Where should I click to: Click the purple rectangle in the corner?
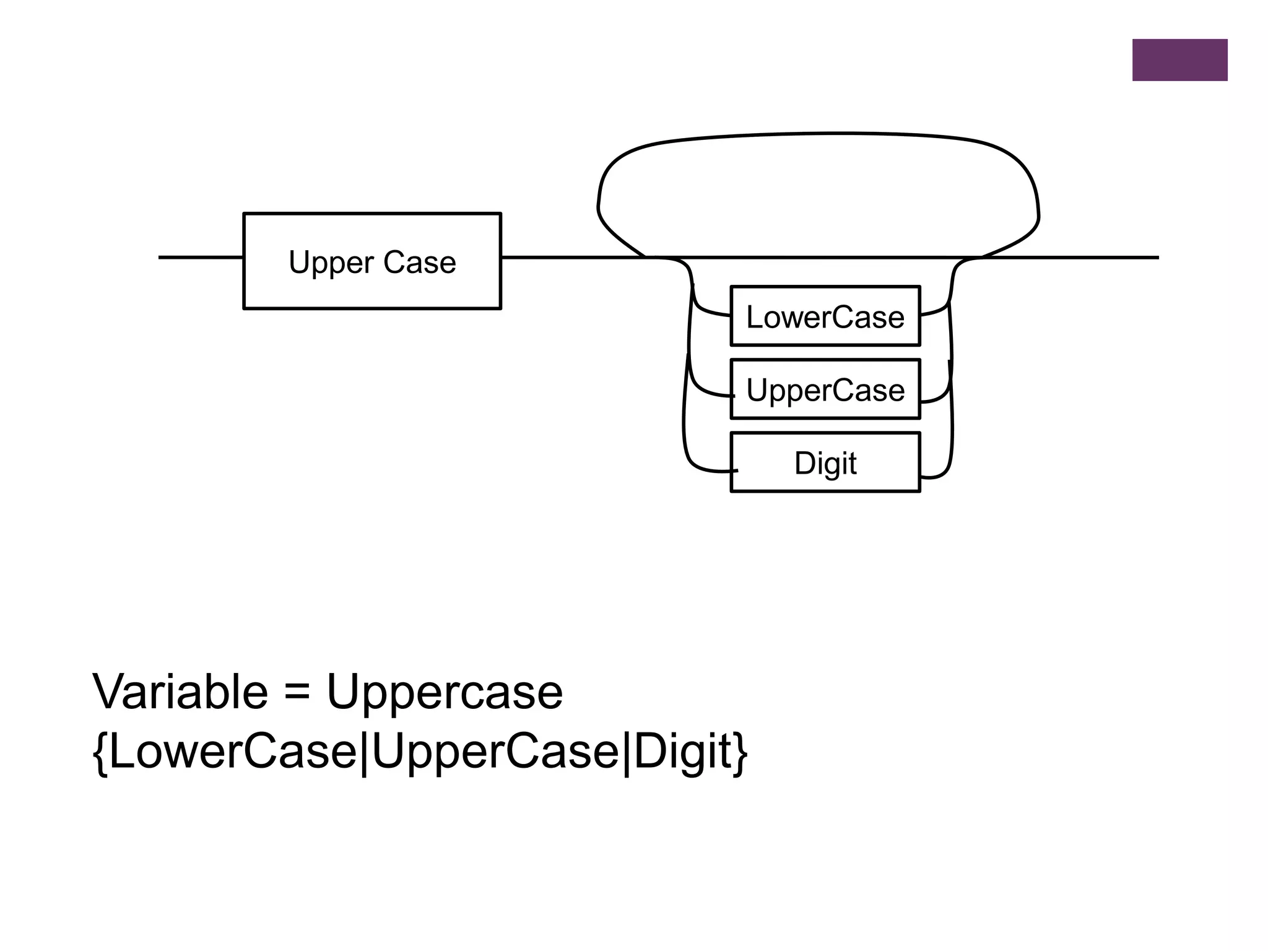[x=1179, y=60]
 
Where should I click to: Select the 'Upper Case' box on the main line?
[x=371, y=261]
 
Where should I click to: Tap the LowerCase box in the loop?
[x=825, y=316]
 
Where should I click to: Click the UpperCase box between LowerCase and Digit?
[x=825, y=389]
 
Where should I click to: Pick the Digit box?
[x=825, y=462]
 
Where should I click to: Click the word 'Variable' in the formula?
[x=180, y=692]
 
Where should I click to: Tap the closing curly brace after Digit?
[x=739, y=753]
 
